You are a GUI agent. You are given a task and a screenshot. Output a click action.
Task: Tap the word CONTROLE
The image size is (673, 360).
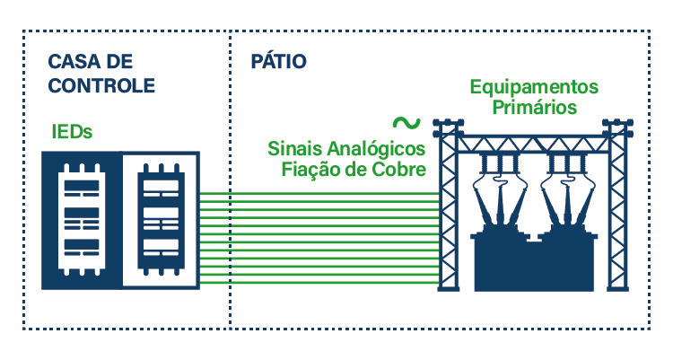pos(101,86)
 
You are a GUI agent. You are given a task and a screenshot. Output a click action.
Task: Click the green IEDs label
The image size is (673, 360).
pos(72,133)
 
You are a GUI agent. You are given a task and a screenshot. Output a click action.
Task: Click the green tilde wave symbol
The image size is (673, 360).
pos(406,122)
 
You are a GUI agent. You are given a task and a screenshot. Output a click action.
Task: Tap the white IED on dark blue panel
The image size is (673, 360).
pos(81,220)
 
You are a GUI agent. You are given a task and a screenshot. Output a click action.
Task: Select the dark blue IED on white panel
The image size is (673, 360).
pos(160,220)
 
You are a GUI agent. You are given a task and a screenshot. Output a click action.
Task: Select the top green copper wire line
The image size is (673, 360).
pos(319,192)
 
